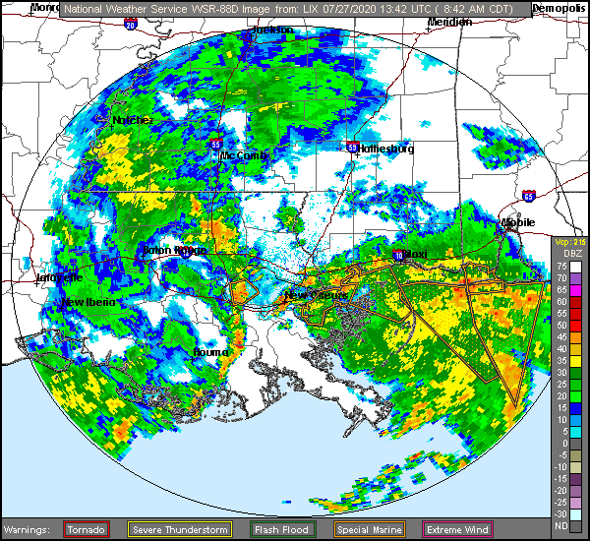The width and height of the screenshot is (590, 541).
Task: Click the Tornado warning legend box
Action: [x=87, y=529]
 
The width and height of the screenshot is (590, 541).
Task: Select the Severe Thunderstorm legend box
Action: [x=181, y=529]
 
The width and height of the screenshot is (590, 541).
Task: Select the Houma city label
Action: [x=209, y=350]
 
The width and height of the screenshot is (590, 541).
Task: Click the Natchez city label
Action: [x=133, y=120]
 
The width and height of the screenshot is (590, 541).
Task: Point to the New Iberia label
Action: [x=88, y=302]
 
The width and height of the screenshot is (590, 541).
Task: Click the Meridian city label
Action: [x=448, y=21]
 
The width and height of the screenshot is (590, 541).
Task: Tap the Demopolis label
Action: [x=558, y=7]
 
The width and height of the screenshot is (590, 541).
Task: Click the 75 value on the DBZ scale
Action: [x=560, y=267]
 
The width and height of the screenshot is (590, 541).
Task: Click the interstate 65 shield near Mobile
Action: [x=530, y=195]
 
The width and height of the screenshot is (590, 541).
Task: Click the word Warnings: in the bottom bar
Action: [x=30, y=529]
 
